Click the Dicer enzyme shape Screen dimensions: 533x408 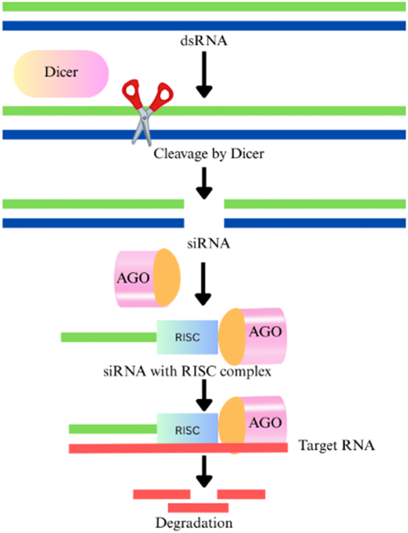click(x=61, y=74)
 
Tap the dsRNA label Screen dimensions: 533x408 click(x=204, y=41)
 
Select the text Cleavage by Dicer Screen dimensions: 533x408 click(x=209, y=154)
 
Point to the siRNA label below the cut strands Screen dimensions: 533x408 click(x=208, y=243)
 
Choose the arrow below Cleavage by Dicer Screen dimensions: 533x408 click(x=204, y=183)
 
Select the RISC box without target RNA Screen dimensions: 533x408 click(x=187, y=337)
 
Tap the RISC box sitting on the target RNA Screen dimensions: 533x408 click(x=187, y=429)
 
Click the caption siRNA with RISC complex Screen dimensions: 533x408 click(x=187, y=371)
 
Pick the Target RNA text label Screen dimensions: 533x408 click(x=336, y=445)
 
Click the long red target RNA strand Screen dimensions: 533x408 click(x=126, y=448)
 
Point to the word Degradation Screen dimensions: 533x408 click(x=194, y=523)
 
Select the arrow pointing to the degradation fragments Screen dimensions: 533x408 click(x=204, y=471)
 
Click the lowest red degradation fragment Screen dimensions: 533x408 click(x=198, y=507)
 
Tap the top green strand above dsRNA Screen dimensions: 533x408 click(x=204, y=7)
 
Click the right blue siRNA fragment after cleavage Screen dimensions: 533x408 click(x=315, y=223)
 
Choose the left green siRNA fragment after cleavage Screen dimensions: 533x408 click(x=93, y=204)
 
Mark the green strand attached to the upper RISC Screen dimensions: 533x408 click(x=108, y=337)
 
